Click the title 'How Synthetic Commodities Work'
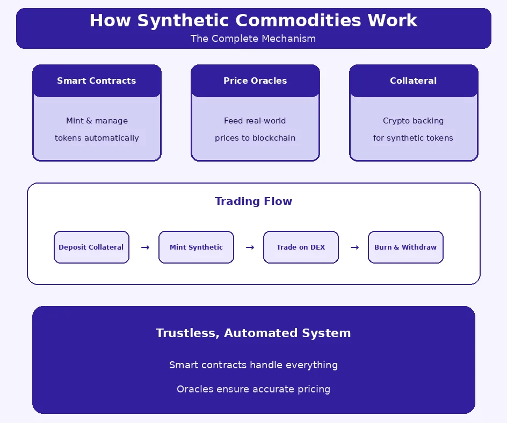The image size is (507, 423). click(x=253, y=20)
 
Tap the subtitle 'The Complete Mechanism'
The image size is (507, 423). click(x=253, y=39)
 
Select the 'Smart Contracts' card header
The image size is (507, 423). click(x=97, y=81)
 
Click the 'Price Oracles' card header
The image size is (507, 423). click(x=255, y=81)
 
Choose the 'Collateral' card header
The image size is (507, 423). click(x=413, y=81)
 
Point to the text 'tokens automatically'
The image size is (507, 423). click(x=97, y=138)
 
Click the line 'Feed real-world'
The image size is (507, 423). click(x=255, y=121)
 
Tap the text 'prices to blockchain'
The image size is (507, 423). click(x=255, y=138)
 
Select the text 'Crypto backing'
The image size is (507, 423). click(x=413, y=121)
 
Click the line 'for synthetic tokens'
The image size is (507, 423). click(x=413, y=138)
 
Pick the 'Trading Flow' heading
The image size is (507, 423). click(x=253, y=201)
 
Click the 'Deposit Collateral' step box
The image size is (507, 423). click(x=91, y=247)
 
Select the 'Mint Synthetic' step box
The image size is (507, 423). click(x=196, y=247)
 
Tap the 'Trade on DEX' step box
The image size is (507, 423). click(x=301, y=247)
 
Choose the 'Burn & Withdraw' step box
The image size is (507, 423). click(x=405, y=247)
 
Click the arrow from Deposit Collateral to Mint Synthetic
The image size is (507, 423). click(x=145, y=247)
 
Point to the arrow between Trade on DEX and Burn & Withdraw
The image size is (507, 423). click(x=354, y=247)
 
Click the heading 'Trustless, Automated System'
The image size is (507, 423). click(x=253, y=333)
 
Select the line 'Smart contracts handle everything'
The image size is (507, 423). click(x=253, y=365)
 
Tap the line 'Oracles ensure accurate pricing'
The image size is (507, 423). click(x=253, y=389)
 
